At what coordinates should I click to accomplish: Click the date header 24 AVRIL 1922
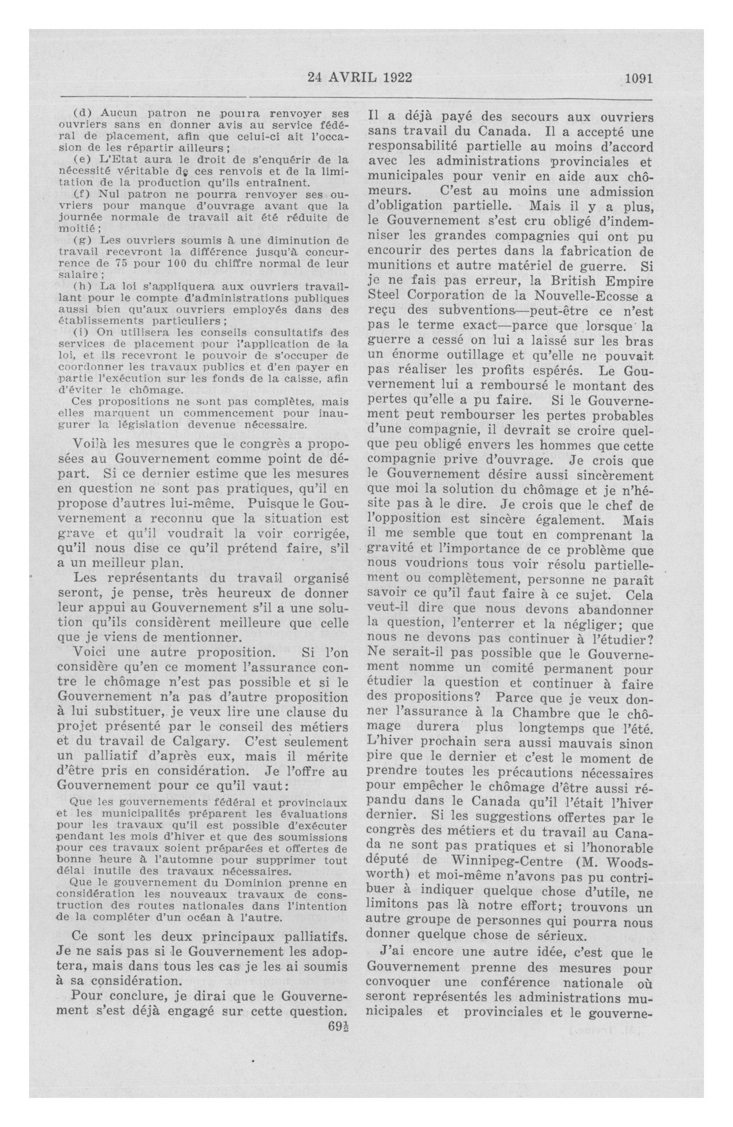tap(360, 77)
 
